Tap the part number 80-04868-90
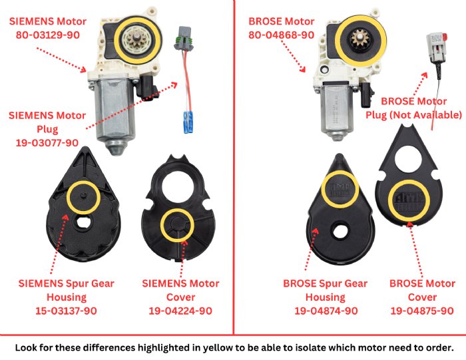281,34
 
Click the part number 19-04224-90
180,311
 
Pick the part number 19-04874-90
326,311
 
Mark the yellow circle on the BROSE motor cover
408,198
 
